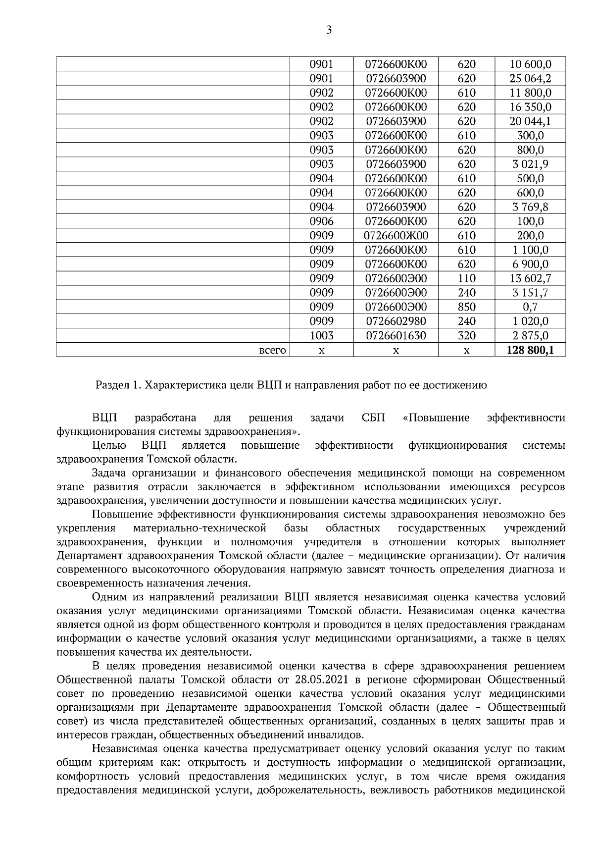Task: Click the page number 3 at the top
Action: [x=329, y=30]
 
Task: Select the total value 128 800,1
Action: [x=530, y=351]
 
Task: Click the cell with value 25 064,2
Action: [x=530, y=78]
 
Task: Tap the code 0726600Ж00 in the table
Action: [x=396, y=236]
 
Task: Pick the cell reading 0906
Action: [x=321, y=221]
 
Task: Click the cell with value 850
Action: [x=466, y=307]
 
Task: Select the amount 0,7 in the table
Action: [x=530, y=307]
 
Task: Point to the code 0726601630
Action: [x=396, y=336]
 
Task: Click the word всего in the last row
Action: [x=273, y=351]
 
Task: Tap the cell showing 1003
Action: [x=321, y=336]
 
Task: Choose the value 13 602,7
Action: [x=530, y=278]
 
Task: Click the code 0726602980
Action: [x=396, y=321]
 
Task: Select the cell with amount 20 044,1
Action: [x=530, y=121]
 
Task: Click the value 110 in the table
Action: [x=466, y=278]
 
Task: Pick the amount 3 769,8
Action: [x=530, y=207]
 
